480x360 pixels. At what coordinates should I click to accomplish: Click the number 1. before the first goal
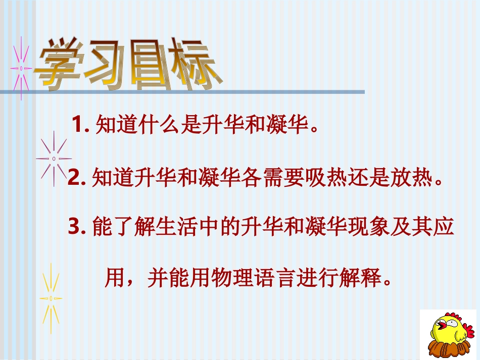[x=81, y=124]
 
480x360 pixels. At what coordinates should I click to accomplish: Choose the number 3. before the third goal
[x=78, y=229]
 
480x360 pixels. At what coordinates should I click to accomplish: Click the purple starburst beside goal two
[x=54, y=158]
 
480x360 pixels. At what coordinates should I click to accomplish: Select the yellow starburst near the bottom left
[x=51, y=298]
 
